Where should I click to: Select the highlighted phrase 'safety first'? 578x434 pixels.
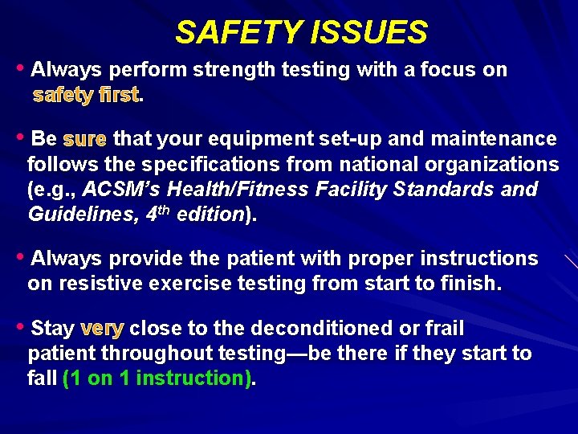[x=86, y=96]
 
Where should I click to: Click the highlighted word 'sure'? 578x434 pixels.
[x=84, y=140]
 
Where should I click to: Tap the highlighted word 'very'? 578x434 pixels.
[x=102, y=329]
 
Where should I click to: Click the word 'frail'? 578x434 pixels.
[x=443, y=329]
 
